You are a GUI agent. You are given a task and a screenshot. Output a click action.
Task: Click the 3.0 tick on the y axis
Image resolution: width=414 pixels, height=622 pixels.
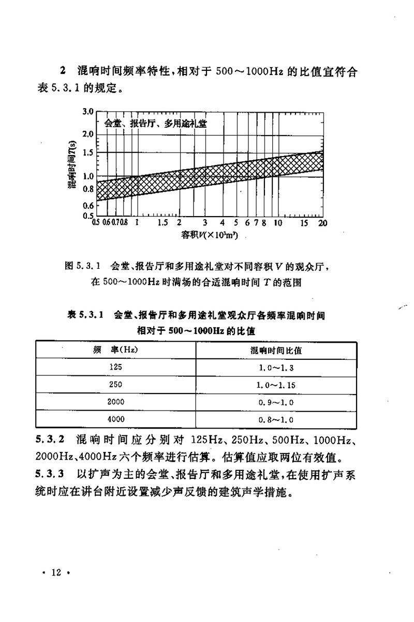pos(86,111)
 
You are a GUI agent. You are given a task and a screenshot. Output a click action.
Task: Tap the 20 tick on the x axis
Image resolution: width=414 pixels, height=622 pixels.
pos(322,223)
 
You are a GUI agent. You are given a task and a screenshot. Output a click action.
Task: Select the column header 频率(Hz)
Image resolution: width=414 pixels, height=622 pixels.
pos(114,351)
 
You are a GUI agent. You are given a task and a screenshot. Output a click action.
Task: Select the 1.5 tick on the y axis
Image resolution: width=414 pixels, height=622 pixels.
pos(86,153)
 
